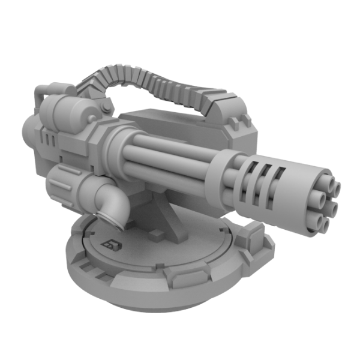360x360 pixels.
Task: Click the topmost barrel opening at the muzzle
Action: [x=334, y=187]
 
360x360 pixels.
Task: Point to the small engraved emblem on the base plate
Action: [x=111, y=243]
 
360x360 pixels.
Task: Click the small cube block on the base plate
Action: [x=158, y=234]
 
